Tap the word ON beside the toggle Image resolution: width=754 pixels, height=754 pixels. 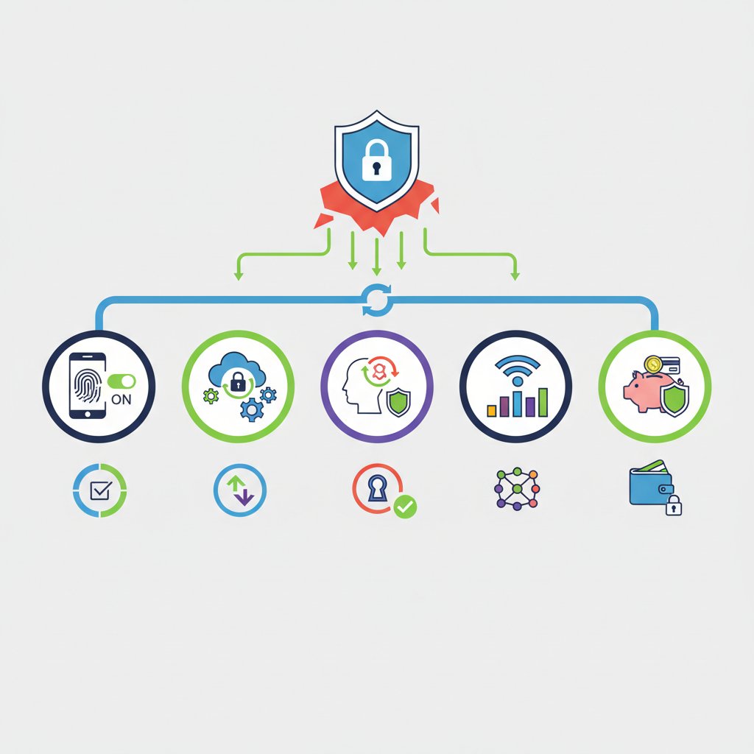[x=121, y=399]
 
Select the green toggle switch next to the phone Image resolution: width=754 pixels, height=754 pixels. [x=121, y=381]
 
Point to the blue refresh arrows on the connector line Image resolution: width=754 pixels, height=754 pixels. [x=376, y=300]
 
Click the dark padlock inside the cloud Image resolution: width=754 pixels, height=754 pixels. [x=238, y=383]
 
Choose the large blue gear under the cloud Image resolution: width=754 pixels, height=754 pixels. [x=252, y=409]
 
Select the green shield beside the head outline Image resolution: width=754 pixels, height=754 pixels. [x=398, y=403]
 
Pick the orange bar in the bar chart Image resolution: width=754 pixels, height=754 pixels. [x=491, y=410]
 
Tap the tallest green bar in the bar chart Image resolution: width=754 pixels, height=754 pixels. [x=543, y=402]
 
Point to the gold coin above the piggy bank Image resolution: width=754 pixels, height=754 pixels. [x=653, y=364]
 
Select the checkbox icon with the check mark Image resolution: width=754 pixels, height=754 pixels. [x=101, y=490]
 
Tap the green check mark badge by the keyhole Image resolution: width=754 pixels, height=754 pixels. [x=405, y=507]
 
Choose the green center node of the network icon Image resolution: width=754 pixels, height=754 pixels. [x=517, y=489]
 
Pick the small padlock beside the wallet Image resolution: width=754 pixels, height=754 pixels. [x=673, y=505]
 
